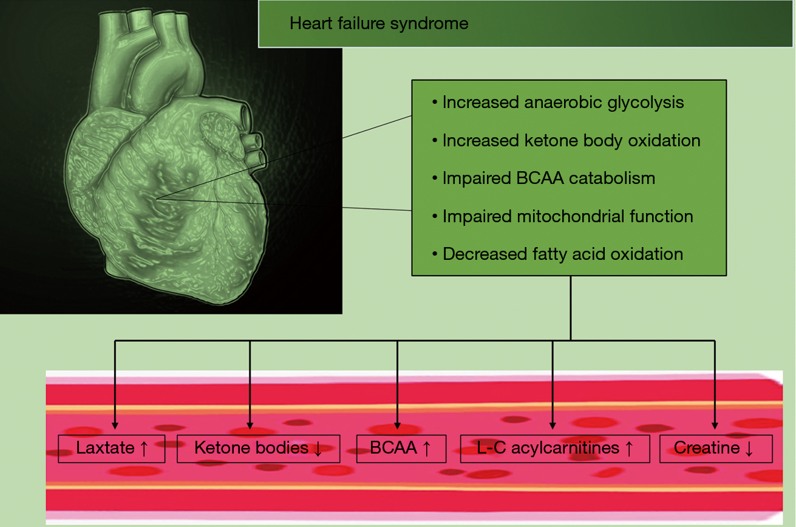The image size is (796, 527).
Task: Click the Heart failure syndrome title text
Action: click(379, 24)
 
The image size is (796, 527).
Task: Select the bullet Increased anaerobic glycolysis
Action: click(558, 103)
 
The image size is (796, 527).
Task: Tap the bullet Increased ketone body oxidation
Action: click(566, 141)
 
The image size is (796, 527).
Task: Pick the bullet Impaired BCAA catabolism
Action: click(543, 178)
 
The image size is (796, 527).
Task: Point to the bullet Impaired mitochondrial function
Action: click(562, 216)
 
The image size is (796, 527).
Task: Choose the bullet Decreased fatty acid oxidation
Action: click(557, 254)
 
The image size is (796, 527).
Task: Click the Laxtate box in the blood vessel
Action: click(112, 449)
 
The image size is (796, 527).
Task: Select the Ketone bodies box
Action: click(258, 449)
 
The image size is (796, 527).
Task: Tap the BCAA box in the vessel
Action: click(401, 449)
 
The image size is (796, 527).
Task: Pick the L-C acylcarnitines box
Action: click(555, 449)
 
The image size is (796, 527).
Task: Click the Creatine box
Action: click(716, 449)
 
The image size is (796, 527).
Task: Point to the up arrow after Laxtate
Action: click(144, 449)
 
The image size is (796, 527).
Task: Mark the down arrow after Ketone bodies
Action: click(318, 449)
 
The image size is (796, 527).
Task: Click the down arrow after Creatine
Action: click(749, 449)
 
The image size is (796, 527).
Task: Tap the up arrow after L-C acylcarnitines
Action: click(629, 449)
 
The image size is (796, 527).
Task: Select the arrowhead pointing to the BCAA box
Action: click(397, 426)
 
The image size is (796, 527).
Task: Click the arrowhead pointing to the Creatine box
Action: click(715, 426)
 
